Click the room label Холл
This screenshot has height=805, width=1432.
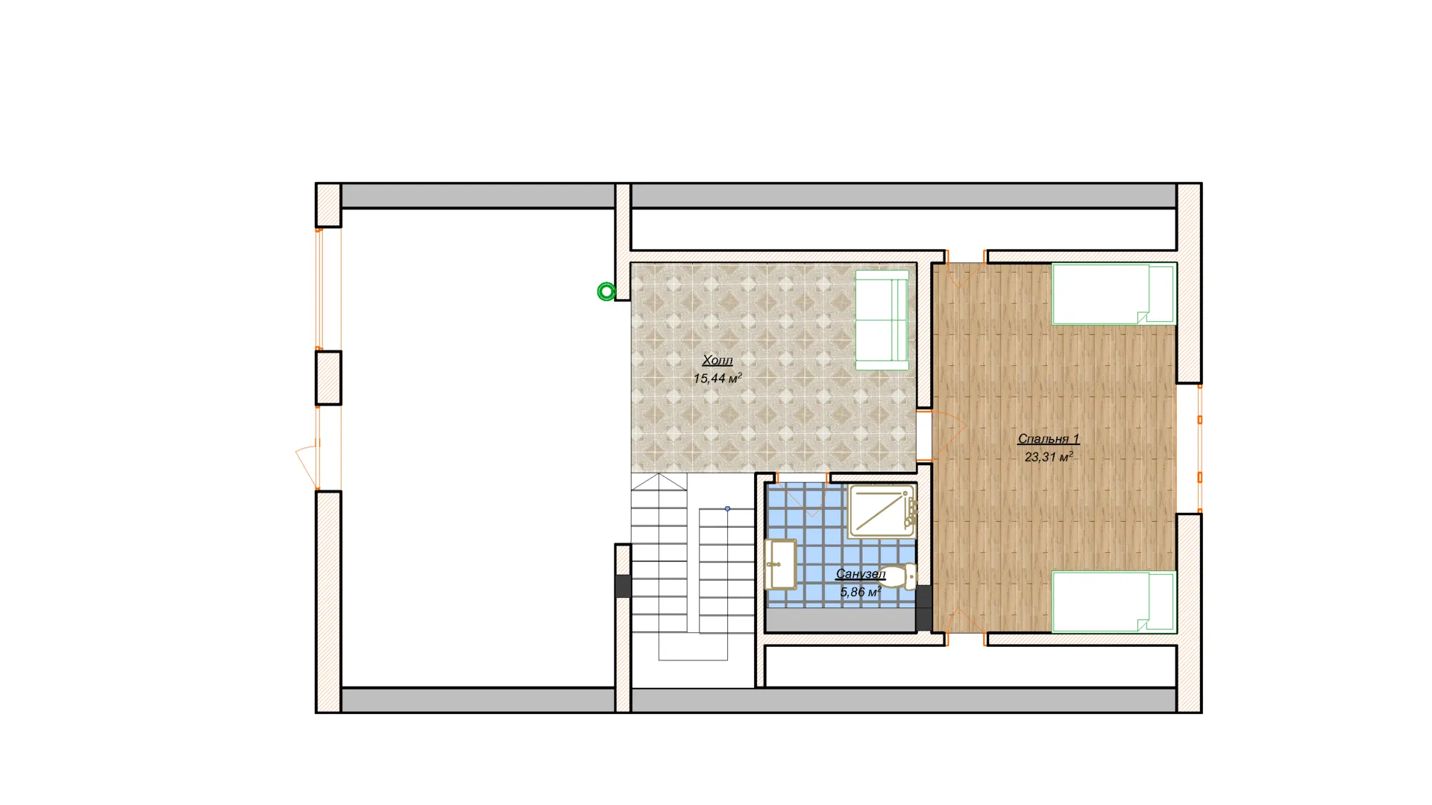pyautogui.click(x=717, y=361)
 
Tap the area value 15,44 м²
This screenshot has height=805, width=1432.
pyautogui.click(x=717, y=379)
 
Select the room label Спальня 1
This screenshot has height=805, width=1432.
pyautogui.click(x=1049, y=439)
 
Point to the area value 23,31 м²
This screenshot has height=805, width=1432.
pyautogui.click(x=1049, y=457)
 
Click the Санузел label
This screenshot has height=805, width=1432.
pyautogui.click(x=861, y=574)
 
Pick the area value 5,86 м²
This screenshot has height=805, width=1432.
pyautogui.click(x=861, y=592)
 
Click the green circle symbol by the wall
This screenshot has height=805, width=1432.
pyautogui.click(x=606, y=291)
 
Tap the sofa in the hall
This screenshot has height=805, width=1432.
pyautogui.click(x=882, y=320)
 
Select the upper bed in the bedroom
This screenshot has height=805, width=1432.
pyautogui.click(x=1114, y=294)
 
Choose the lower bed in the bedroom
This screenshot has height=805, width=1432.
pyautogui.click(x=1114, y=602)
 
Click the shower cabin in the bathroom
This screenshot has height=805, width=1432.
pyautogui.click(x=882, y=511)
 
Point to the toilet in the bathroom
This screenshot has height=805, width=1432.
pyautogui.click(x=898, y=576)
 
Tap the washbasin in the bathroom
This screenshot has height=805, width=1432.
pyautogui.click(x=781, y=563)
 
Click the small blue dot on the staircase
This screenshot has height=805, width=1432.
pyautogui.click(x=727, y=508)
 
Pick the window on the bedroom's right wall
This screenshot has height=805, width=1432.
pyautogui.click(x=1199, y=447)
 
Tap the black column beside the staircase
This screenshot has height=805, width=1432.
pyautogui.click(x=623, y=586)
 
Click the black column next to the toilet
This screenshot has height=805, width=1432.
pyautogui.click(x=924, y=607)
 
